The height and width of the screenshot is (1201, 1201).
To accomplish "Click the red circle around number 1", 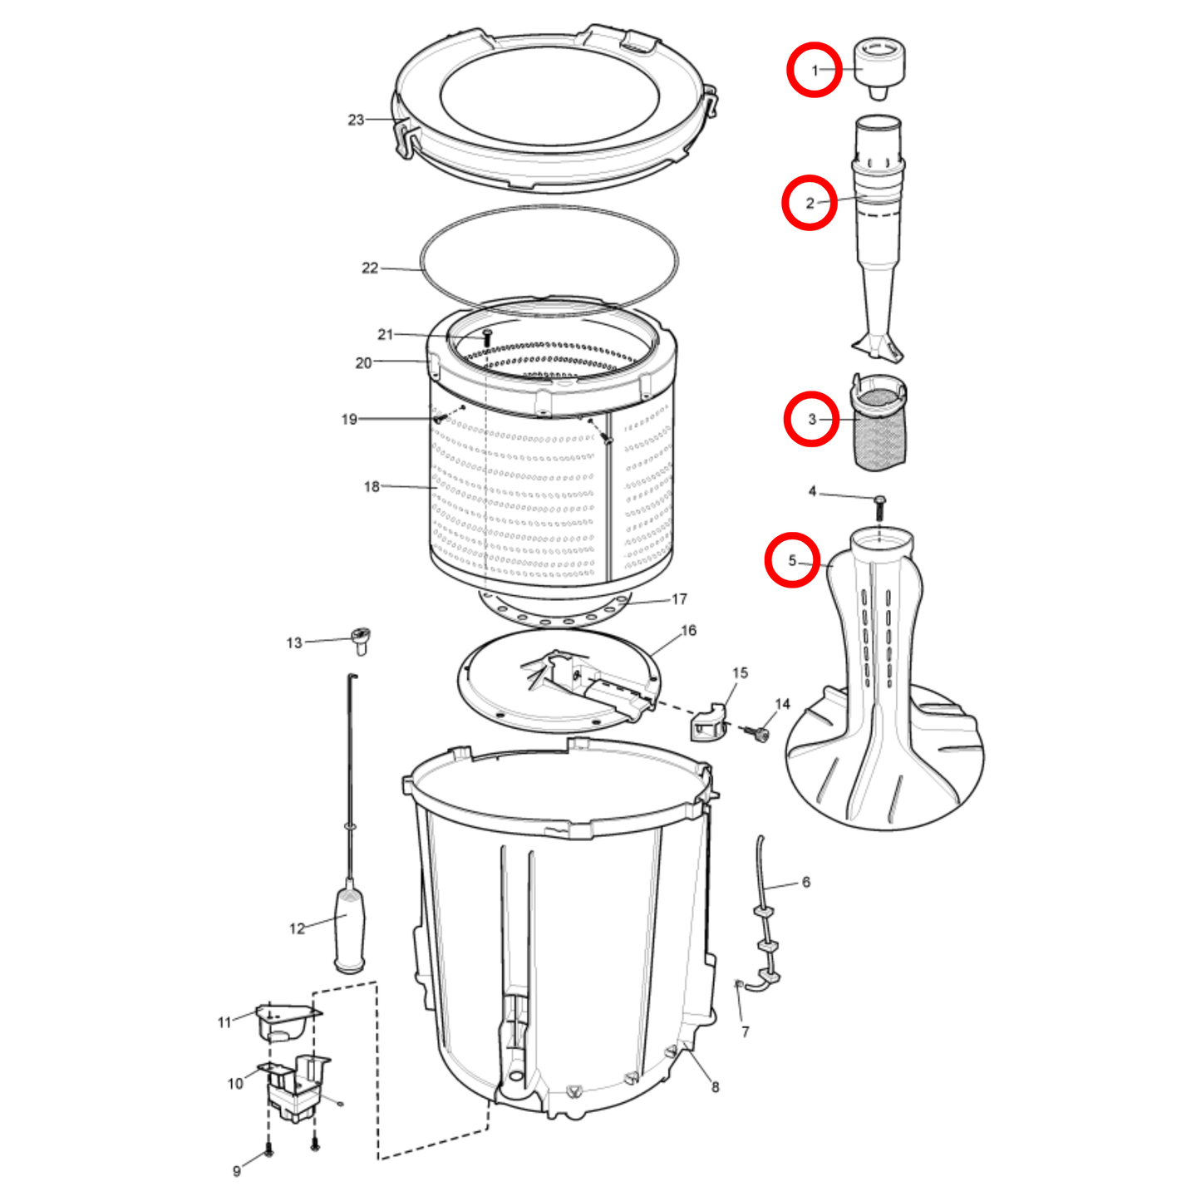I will click(x=815, y=70).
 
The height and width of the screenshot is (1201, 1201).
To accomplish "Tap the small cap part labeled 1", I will click(x=879, y=65).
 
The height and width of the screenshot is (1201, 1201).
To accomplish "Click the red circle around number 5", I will click(x=792, y=560).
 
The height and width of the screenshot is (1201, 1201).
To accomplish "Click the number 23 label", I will click(x=356, y=120).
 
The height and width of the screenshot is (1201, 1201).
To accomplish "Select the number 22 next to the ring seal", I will click(x=370, y=268).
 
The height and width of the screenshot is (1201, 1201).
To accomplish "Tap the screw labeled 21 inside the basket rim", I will click(x=487, y=337).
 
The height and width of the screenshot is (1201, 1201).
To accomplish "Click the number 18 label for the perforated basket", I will click(x=372, y=486).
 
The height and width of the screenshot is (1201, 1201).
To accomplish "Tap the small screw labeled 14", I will click(x=760, y=734).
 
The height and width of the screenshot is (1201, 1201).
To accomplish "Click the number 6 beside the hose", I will click(x=805, y=882).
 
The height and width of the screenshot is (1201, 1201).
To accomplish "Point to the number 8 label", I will click(x=715, y=1086).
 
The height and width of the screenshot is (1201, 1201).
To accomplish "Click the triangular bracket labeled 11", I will click(x=287, y=1020).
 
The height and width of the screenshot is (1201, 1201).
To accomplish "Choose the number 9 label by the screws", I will click(x=237, y=1171).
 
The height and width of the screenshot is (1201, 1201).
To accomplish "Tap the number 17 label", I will click(x=679, y=598).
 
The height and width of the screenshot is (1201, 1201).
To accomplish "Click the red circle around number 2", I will click(x=809, y=203).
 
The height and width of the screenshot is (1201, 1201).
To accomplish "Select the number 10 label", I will click(x=235, y=1083).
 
